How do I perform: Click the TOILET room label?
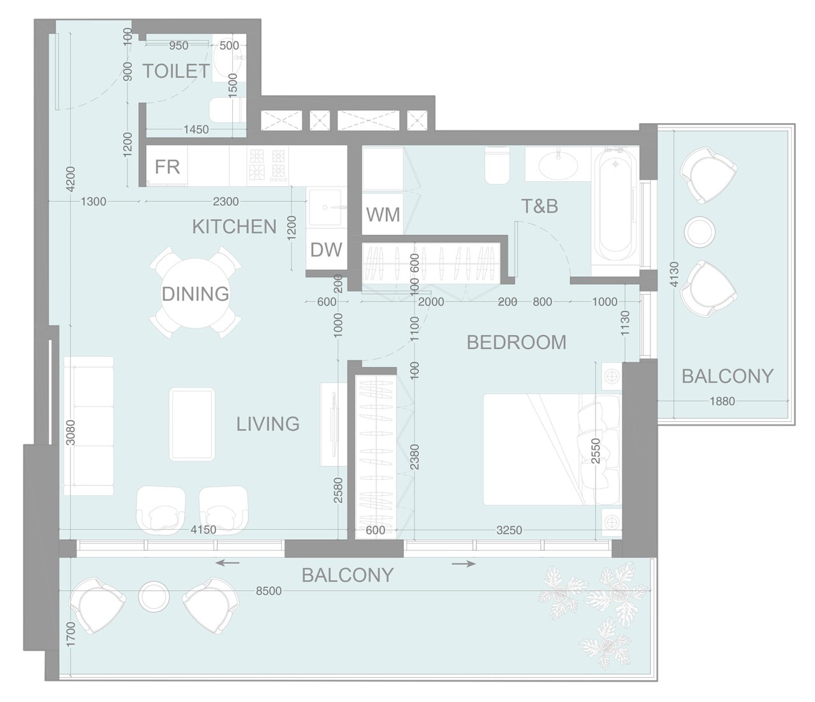175,71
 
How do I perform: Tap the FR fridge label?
167,167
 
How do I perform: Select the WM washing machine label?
383,214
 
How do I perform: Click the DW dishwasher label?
326,250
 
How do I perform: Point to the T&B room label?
540,205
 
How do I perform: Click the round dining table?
195,294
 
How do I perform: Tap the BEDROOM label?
516,343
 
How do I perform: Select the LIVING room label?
268,424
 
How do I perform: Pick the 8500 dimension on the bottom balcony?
268,592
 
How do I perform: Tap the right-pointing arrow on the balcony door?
464,564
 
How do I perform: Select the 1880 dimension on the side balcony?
722,401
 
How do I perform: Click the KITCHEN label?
234,227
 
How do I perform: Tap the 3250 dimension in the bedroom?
509,530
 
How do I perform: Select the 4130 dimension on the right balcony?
675,276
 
